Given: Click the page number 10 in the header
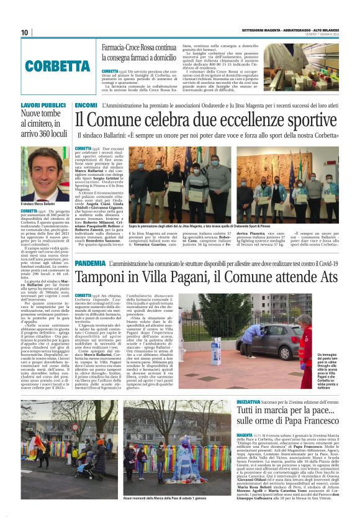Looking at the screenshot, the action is (25, 32).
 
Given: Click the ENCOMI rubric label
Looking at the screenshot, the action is (85, 106).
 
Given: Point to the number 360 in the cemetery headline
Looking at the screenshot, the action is (49, 133).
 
